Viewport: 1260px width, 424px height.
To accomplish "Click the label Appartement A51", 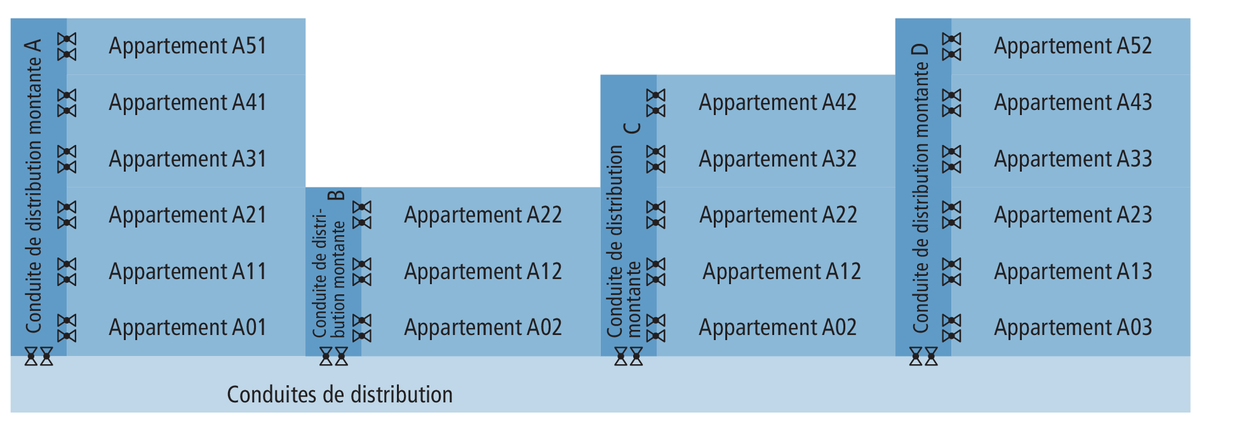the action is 187,46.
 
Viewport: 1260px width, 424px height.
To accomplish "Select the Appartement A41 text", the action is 187,103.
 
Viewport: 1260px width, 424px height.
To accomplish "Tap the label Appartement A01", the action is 187,328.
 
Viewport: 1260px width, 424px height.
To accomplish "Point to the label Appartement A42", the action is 778,103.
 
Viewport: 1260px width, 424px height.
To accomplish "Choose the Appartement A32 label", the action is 778,160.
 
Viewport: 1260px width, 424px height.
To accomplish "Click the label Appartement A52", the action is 1073,46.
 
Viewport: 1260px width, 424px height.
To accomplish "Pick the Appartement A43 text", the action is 1073,103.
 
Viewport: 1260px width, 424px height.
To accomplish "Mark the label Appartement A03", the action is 1073,328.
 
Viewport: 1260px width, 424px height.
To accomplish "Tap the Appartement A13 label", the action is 1073,272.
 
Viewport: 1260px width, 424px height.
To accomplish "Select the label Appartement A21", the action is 187,215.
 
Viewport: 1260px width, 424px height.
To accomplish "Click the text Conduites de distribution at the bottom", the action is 340,395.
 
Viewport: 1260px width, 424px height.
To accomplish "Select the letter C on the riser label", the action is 633,128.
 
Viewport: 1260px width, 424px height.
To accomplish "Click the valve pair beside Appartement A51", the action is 67,47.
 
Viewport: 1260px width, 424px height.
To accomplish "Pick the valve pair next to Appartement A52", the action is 951,47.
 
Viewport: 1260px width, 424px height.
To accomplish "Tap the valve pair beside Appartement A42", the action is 656,103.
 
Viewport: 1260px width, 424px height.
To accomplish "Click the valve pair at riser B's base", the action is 333,356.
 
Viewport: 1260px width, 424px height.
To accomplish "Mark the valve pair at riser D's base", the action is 923,356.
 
